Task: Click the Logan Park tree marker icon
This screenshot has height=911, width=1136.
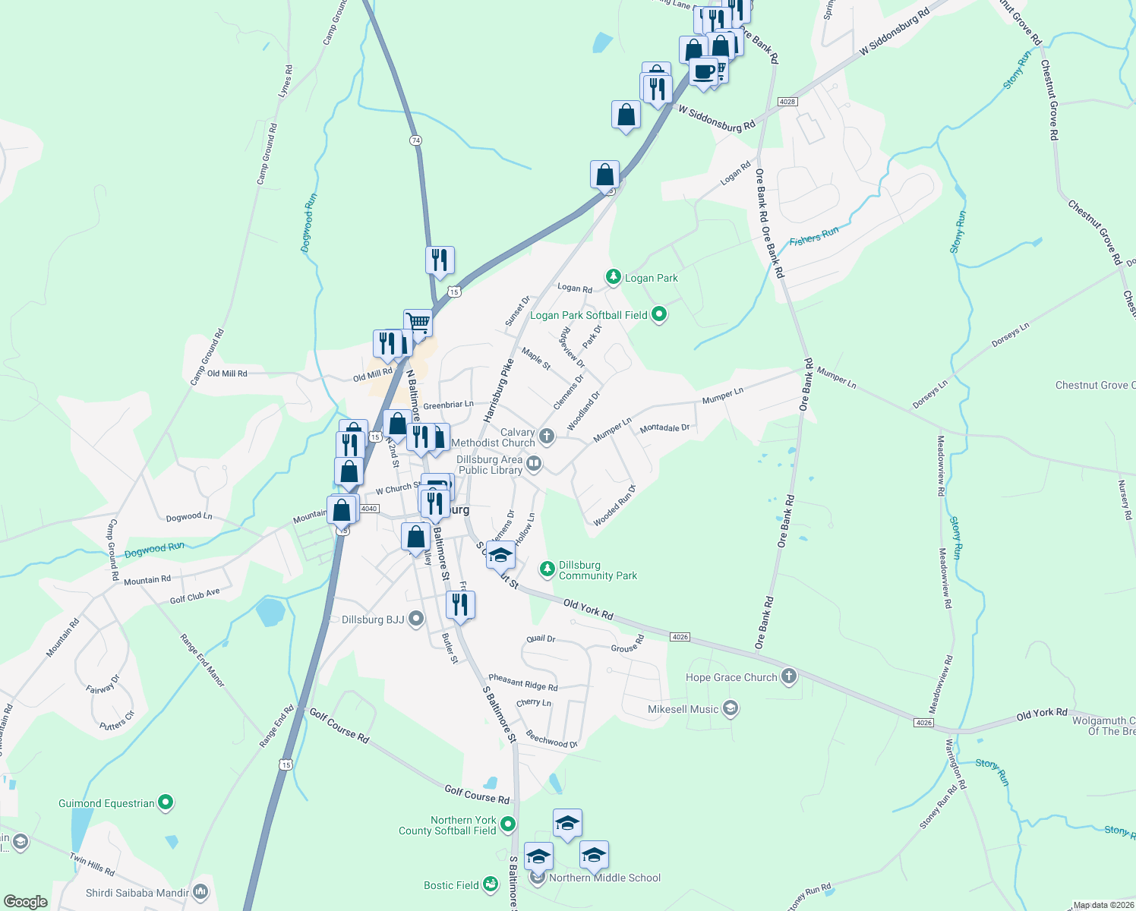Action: point(613,277)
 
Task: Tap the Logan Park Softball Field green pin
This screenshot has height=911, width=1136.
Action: point(659,314)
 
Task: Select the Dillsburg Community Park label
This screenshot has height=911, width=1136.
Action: point(598,571)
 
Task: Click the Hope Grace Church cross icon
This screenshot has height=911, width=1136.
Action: point(789,676)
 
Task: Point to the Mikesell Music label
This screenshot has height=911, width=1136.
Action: point(683,709)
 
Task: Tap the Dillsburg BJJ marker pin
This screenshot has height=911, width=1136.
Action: point(415,619)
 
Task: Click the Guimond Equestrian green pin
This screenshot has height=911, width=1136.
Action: point(166,802)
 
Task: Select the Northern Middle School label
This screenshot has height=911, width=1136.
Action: point(604,878)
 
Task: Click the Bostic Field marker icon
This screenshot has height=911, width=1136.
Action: point(491,884)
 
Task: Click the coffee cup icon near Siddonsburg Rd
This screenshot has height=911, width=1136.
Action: point(703,71)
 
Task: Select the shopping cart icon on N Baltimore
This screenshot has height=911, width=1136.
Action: point(418,322)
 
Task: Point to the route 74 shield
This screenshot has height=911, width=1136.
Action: point(415,140)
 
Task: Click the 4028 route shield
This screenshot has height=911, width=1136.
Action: point(787,102)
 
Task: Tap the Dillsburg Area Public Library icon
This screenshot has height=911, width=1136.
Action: point(534,463)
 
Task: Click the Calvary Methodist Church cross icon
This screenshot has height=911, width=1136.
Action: point(547,437)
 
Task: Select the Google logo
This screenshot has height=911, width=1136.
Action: point(26,901)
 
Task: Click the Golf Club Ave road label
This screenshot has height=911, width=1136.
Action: point(195,596)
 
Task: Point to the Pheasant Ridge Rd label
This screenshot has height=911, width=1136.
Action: point(523,682)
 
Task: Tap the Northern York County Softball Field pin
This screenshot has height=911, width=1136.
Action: point(508,824)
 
